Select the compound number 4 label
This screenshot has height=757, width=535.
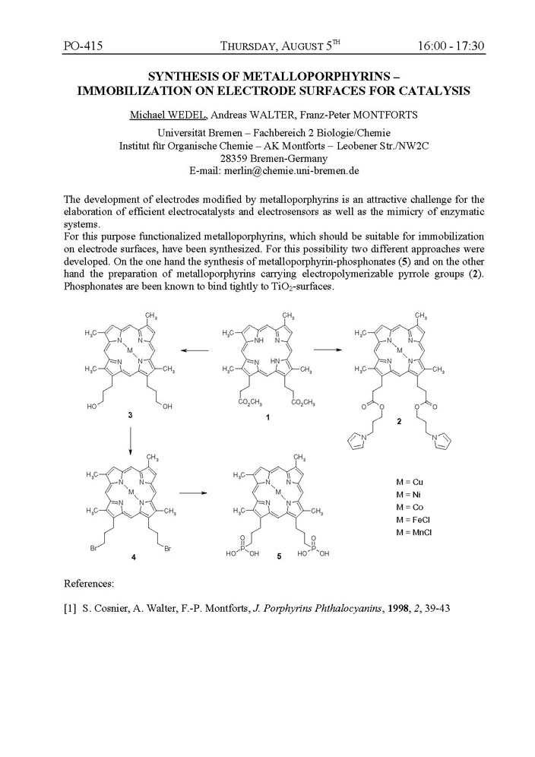134,557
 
